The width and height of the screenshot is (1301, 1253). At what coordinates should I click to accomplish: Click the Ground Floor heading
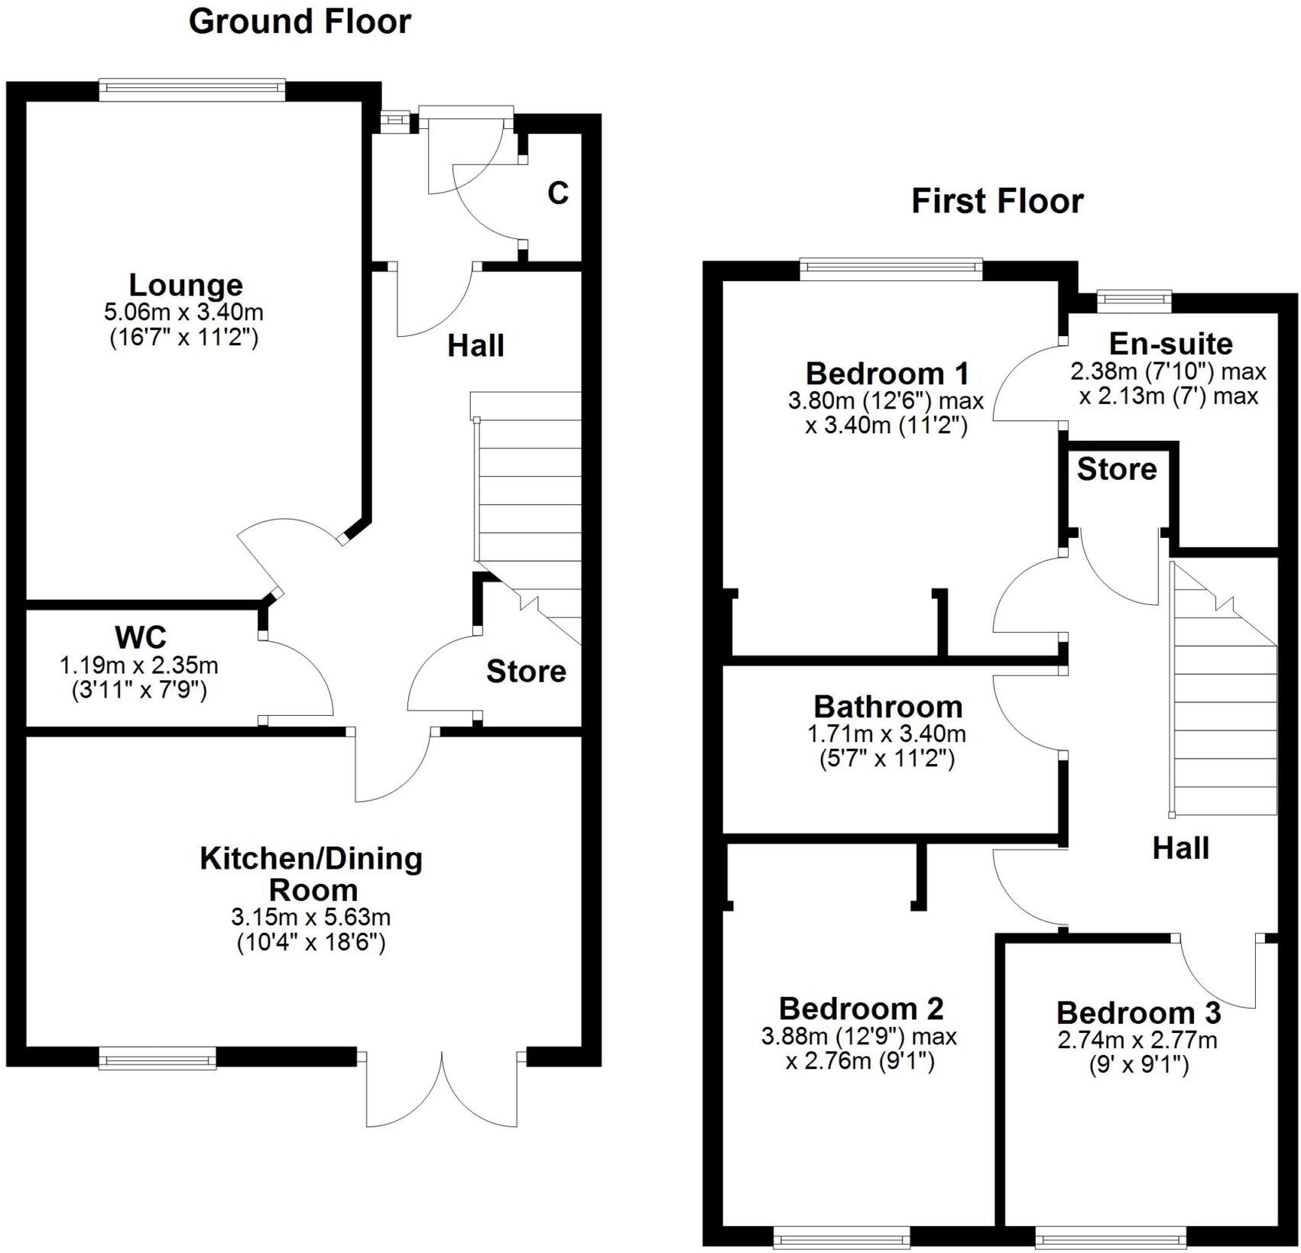point(300,21)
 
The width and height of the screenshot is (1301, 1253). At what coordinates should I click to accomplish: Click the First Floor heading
point(997,202)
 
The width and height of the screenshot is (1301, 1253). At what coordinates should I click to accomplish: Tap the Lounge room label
point(186,285)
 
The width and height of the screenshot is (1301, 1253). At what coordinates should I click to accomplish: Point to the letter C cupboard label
point(558,193)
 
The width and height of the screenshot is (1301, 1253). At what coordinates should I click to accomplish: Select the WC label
point(140,637)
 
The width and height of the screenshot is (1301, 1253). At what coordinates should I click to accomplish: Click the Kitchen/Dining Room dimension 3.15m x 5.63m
point(311,917)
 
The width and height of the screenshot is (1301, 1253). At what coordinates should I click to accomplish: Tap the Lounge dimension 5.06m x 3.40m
point(184,312)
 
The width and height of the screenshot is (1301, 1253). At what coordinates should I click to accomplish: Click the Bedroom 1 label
point(887,374)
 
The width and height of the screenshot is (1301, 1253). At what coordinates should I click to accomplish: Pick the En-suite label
point(1170,344)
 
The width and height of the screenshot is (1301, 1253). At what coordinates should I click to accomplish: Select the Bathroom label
point(887,707)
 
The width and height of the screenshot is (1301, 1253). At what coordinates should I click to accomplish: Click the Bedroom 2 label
point(861,1009)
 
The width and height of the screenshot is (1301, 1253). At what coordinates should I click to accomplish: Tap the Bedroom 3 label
point(1138,1013)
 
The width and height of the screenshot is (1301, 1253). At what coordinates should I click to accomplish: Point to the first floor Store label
point(1117,469)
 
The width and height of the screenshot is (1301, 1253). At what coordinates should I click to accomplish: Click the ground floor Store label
point(526,672)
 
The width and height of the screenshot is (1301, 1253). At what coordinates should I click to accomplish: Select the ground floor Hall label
point(475,346)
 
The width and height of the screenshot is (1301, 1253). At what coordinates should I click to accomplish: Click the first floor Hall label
point(1180,848)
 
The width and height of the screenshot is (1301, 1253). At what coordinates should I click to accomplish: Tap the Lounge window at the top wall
point(192,89)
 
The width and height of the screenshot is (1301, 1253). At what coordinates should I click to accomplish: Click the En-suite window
point(1134,300)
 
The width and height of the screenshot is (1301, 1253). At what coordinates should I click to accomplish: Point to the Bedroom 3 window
point(1111,1235)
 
